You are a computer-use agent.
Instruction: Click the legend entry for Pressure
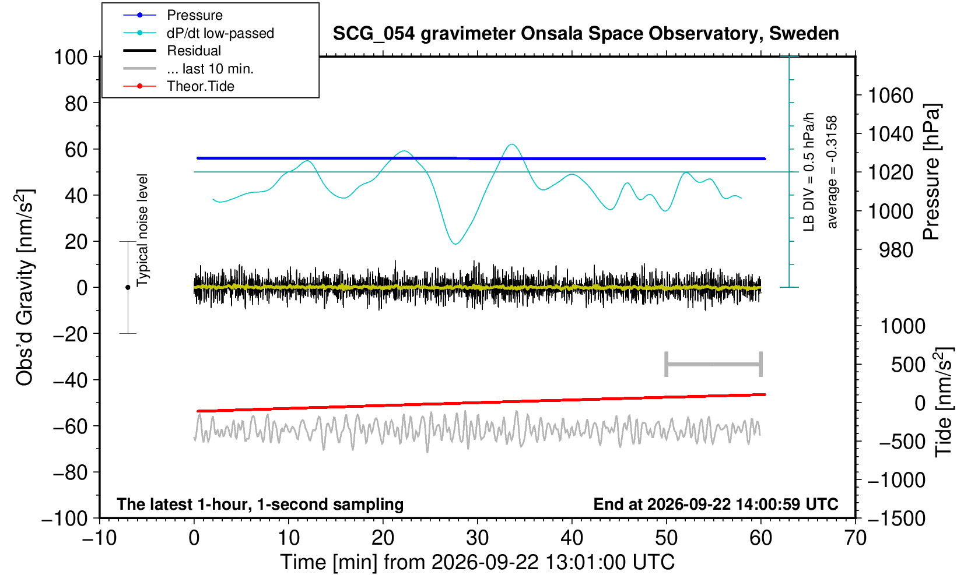(x=173, y=16)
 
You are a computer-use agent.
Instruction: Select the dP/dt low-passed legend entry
(x=198, y=33)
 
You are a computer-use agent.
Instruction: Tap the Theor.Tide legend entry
(x=178, y=86)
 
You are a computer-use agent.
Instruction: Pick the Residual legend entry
(x=172, y=51)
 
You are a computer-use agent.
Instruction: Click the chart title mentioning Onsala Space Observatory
(x=586, y=34)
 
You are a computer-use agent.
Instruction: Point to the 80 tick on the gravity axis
(x=76, y=104)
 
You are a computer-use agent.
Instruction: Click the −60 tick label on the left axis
(x=70, y=426)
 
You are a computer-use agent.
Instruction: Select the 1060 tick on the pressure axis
(x=891, y=96)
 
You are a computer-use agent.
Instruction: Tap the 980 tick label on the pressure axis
(x=896, y=250)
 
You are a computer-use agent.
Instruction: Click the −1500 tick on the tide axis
(x=896, y=518)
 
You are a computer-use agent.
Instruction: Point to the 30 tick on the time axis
(x=477, y=538)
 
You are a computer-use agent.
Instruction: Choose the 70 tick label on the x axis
(x=855, y=538)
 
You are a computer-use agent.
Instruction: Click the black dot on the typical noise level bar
(x=128, y=287)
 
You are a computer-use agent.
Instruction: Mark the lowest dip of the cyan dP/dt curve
(x=455, y=244)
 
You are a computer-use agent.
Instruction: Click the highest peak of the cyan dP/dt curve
(x=511, y=144)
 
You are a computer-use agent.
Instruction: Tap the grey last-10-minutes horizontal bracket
(x=714, y=364)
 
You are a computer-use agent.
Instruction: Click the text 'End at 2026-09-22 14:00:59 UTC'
(x=716, y=504)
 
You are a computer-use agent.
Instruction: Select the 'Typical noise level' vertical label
(x=142, y=231)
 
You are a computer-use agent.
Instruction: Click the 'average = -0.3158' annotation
(x=832, y=172)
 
